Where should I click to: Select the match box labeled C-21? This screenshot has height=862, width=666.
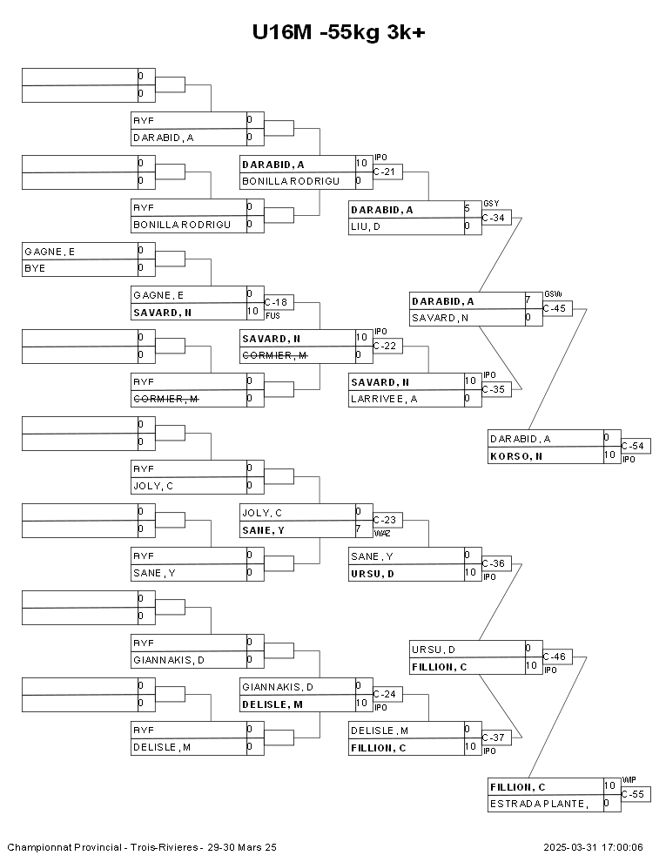[x=387, y=172]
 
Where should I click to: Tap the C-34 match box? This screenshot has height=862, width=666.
[x=495, y=218]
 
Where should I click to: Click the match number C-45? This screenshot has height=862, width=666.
[x=556, y=308]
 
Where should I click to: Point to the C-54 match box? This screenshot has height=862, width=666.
[x=635, y=447]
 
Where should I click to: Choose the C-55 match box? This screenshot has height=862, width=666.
[x=635, y=794]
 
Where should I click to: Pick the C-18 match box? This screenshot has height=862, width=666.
[x=278, y=302]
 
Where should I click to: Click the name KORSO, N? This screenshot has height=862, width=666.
[x=516, y=455]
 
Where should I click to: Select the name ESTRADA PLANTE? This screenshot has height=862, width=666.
[x=537, y=804]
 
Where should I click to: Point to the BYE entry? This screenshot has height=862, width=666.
[x=35, y=268]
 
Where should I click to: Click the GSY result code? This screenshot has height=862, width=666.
[x=490, y=202]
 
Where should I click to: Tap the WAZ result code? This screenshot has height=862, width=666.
[x=381, y=532]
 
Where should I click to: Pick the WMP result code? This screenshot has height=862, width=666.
[x=629, y=780]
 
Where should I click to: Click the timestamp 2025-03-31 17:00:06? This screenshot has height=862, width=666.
[x=594, y=846]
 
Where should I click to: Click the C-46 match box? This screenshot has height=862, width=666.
[x=556, y=657]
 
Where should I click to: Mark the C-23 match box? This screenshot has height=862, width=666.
[x=387, y=520]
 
